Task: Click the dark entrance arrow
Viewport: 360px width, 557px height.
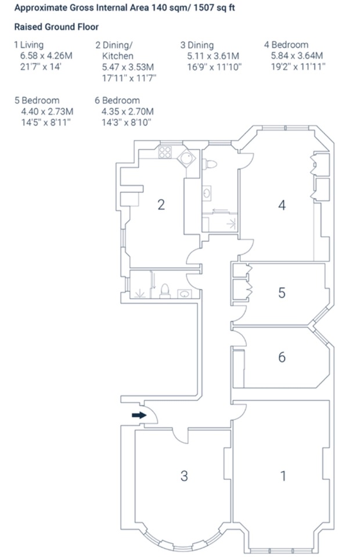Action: [x=139, y=415]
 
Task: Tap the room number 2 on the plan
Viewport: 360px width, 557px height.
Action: [x=161, y=205]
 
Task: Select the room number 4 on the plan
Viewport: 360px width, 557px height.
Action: [x=282, y=205]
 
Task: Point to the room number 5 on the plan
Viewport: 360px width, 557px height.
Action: [x=282, y=292]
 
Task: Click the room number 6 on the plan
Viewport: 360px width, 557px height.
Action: [x=282, y=357]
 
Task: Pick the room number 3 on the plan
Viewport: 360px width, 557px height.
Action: [x=184, y=476]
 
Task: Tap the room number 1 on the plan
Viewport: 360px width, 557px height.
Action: [x=283, y=476]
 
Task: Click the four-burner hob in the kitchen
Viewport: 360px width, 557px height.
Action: [x=165, y=152]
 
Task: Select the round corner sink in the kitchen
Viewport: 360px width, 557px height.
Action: [x=186, y=158]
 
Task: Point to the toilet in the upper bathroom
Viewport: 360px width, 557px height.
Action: [x=210, y=164]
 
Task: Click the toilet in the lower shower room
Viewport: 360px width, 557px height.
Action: [x=165, y=291]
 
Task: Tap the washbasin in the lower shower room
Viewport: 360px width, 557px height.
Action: [x=185, y=294]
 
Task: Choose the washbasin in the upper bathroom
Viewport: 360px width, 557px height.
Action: [x=207, y=193]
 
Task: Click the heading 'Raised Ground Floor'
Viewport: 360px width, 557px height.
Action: [x=56, y=27]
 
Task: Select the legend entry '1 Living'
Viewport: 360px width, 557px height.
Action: [x=29, y=45]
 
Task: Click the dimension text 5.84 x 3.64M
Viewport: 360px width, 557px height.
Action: [x=297, y=56]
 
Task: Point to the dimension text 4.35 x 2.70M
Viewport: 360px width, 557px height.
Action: [x=128, y=111]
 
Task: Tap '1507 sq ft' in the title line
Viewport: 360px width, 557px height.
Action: [x=214, y=8]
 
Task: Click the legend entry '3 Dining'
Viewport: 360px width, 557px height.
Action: [x=197, y=45]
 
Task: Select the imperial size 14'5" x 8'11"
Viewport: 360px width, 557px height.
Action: [x=46, y=123]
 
